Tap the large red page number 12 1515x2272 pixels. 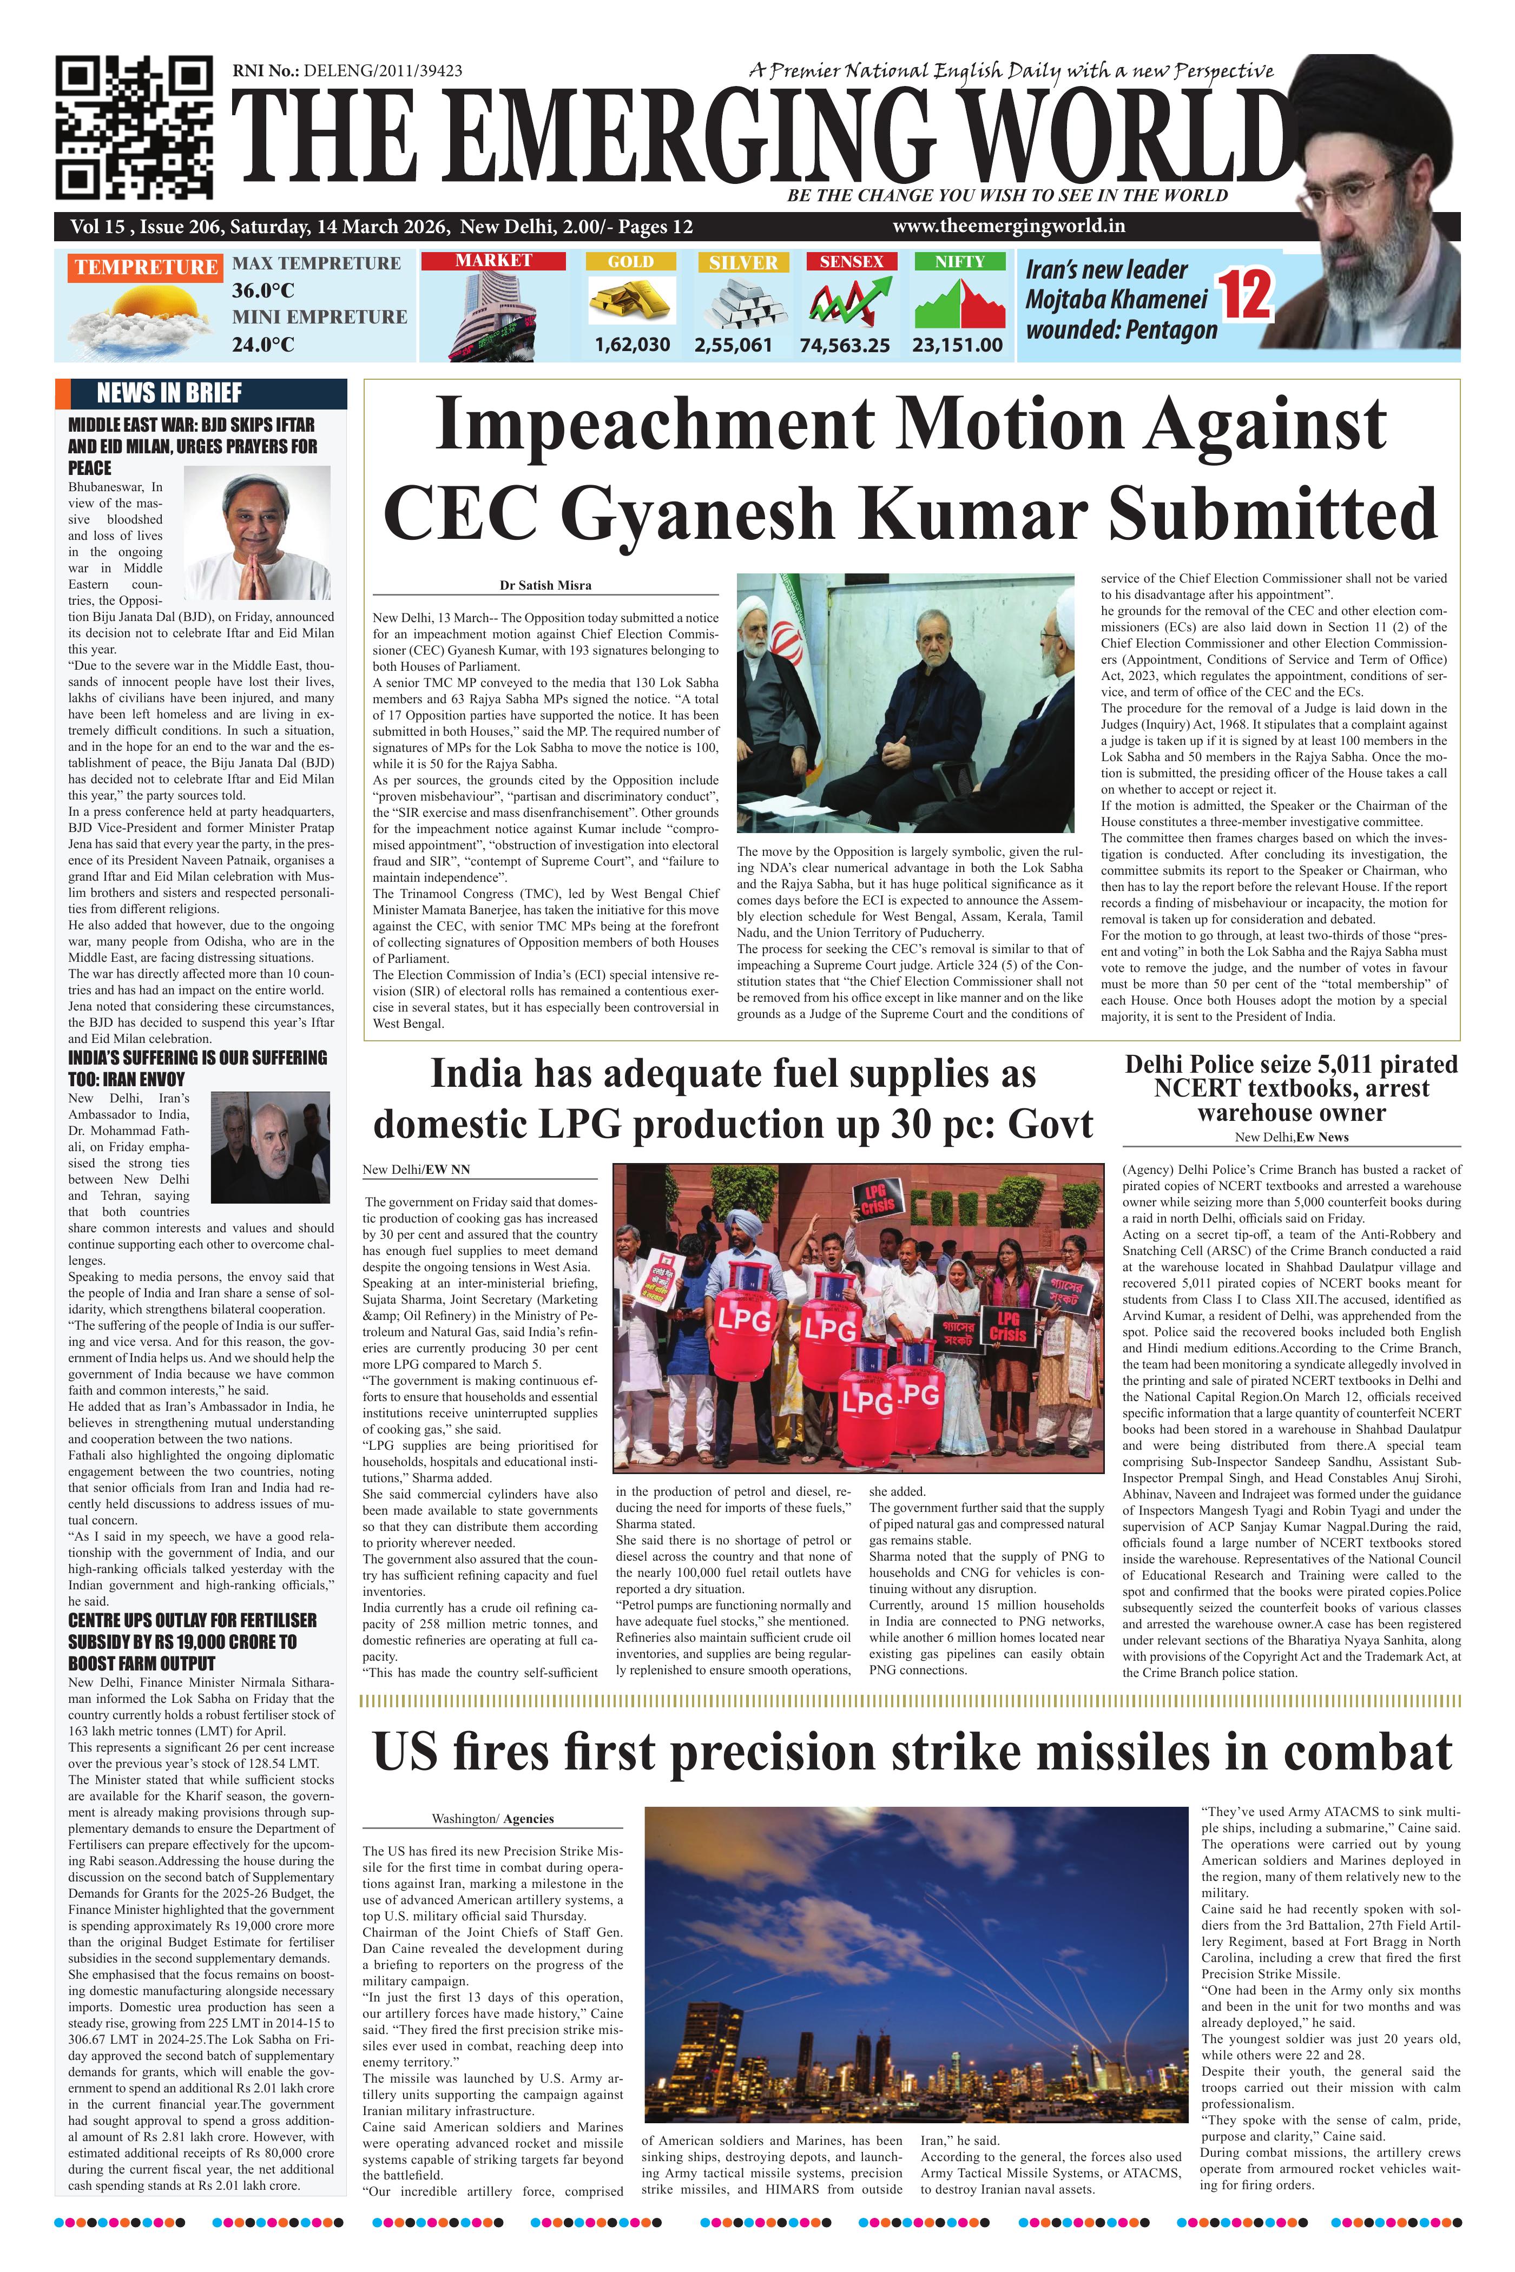coord(1247,295)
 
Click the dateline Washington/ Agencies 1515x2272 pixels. coord(492,1819)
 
